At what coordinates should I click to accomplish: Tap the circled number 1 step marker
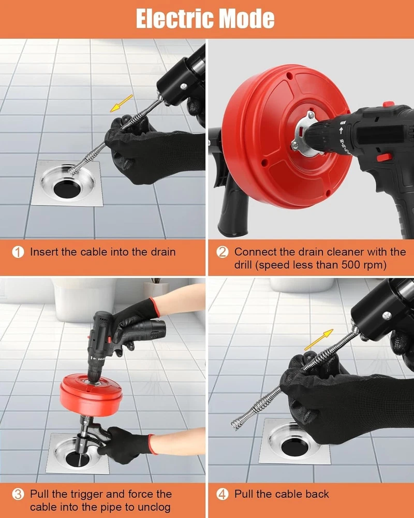tap(18, 252)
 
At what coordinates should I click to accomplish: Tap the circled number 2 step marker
tap(222, 252)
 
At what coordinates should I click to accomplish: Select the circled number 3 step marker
tap(18, 494)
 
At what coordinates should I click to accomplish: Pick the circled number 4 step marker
tap(222, 494)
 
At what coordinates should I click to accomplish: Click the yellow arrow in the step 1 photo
tap(121, 104)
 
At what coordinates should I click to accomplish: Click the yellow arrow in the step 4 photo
tap(318, 340)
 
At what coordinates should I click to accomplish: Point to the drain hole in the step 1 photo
tap(67, 189)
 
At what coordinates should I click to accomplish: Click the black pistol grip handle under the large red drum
tap(233, 208)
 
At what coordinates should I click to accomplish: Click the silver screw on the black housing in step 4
tap(387, 316)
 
